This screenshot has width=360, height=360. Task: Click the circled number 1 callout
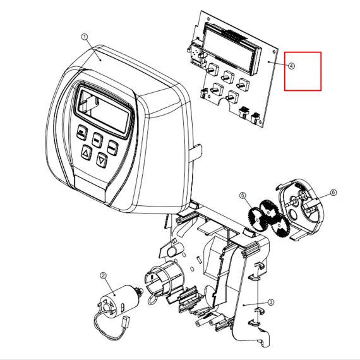click(x=85, y=37)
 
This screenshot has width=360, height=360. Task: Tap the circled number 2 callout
click(x=103, y=275)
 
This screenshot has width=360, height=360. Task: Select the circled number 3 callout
click(x=271, y=302)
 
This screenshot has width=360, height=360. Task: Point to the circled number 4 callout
click(x=291, y=66)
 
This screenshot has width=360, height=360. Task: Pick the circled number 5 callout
click(x=243, y=195)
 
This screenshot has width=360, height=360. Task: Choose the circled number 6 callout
click(x=333, y=193)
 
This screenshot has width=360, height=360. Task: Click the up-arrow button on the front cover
click(x=87, y=152)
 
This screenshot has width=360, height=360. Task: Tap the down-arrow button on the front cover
click(x=102, y=160)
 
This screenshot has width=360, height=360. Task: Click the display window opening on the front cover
click(x=104, y=111)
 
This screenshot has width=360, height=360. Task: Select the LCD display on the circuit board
click(x=232, y=49)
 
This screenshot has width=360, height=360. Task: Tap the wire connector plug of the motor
click(x=126, y=320)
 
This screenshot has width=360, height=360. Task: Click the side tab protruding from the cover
click(x=195, y=153)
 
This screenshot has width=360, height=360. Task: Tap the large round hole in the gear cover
click(x=294, y=213)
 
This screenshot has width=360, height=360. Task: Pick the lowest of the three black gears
click(x=279, y=227)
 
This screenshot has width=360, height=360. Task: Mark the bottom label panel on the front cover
click(x=92, y=185)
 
